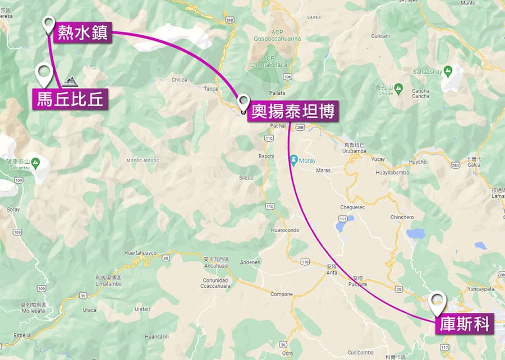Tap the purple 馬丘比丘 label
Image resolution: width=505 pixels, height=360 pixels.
coord(70,100)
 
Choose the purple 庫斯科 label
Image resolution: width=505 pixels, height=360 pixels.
coord(465,324)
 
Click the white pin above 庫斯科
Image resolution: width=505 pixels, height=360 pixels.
coord(438,302)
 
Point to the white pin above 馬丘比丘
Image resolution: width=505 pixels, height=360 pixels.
coord(44,74)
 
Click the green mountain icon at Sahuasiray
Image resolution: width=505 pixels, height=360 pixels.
coord(448,71)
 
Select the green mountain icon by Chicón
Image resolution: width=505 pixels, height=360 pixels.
coord(398,89)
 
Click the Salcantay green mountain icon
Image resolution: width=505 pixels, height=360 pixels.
coord(35,163)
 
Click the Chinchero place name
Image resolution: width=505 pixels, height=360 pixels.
coord(402,217)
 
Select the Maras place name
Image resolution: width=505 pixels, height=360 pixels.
coord(323,170)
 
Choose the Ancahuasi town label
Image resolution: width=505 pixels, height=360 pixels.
coord(217,266)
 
